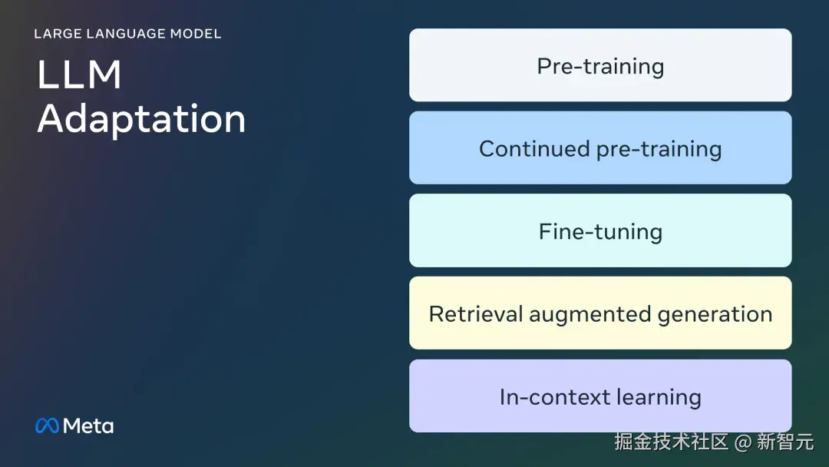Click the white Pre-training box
pyautogui.click(x=600, y=65)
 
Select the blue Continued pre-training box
pyautogui.click(x=600, y=147)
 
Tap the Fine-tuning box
pyautogui.click(x=600, y=230)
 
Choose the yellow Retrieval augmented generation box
pyautogui.click(x=600, y=313)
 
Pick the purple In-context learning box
pyautogui.click(x=600, y=396)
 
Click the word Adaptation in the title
pyautogui.click(x=142, y=120)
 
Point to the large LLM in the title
pyautogui.click(x=79, y=75)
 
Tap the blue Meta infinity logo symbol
pyautogui.click(x=47, y=426)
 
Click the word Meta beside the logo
pyautogui.click(x=88, y=426)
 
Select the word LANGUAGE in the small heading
pyautogui.click(x=126, y=34)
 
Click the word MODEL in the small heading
pyautogui.click(x=196, y=34)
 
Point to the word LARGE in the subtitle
pyautogui.click(x=58, y=34)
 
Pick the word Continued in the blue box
pyautogui.click(x=534, y=148)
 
